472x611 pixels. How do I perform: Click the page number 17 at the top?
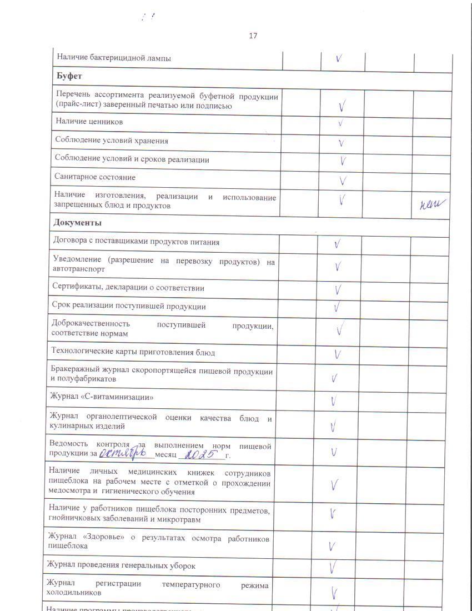pos(253,36)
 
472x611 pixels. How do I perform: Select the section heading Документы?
pos(77,223)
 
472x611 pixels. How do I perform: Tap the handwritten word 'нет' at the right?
pos(433,206)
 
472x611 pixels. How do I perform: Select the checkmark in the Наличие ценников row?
pos(340,123)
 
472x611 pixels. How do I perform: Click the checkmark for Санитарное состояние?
pos(343,181)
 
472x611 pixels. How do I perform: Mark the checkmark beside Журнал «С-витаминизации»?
pos(334,401)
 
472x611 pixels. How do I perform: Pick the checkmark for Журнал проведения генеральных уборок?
pos(334,567)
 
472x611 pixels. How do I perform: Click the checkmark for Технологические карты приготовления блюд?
pos(337,354)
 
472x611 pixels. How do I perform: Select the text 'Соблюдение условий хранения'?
pos(111,141)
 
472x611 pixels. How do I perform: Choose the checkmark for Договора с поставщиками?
pos(337,244)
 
